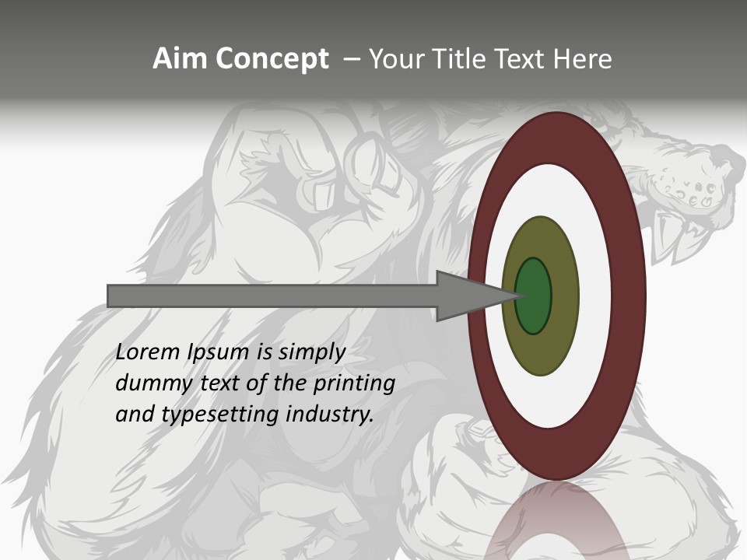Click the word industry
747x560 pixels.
(x=330, y=415)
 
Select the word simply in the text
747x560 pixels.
(x=311, y=352)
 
